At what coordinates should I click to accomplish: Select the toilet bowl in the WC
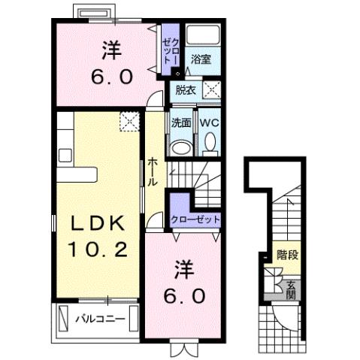pyautogui.click(x=209, y=141)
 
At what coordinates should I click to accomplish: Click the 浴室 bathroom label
pyautogui.click(x=200, y=58)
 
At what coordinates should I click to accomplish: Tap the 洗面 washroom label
pyautogui.click(x=180, y=122)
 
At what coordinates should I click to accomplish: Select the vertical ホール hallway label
pyautogui.click(x=153, y=172)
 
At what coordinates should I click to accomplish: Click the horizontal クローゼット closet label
pyautogui.click(x=195, y=219)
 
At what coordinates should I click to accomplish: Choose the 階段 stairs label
pyautogui.click(x=286, y=256)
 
